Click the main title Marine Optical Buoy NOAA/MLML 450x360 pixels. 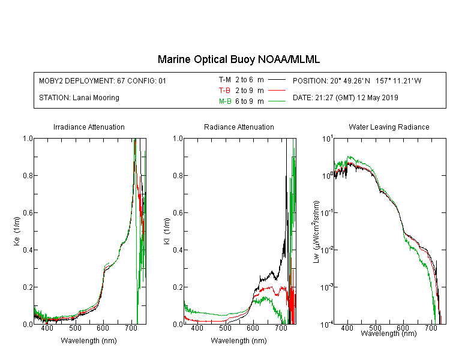(x=238, y=59)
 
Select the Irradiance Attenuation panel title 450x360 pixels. (x=89, y=127)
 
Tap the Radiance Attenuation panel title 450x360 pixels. (x=239, y=127)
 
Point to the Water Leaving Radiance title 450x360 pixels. (x=389, y=127)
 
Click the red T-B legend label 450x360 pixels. (x=224, y=91)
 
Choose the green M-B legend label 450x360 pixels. (x=225, y=101)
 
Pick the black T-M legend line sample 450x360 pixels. (x=277, y=80)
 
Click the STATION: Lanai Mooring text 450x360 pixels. (x=79, y=98)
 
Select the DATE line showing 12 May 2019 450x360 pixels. (x=345, y=98)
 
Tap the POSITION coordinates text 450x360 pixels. (x=357, y=80)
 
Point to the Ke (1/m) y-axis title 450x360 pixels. (x=17, y=231)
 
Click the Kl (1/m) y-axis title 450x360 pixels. (x=167, y=231)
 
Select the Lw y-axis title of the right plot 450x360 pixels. (x=316, y=232)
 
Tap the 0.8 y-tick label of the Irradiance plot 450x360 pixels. (x=28, y=175)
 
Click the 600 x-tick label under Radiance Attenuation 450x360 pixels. (x=253, y=328)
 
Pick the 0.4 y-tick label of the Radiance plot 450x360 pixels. (x=178, y=250)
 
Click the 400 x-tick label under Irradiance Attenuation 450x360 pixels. (x=47, y=328)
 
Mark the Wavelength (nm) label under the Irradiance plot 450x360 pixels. (x=89, y=341)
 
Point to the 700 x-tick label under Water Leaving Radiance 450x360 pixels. (x=431, y=328)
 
